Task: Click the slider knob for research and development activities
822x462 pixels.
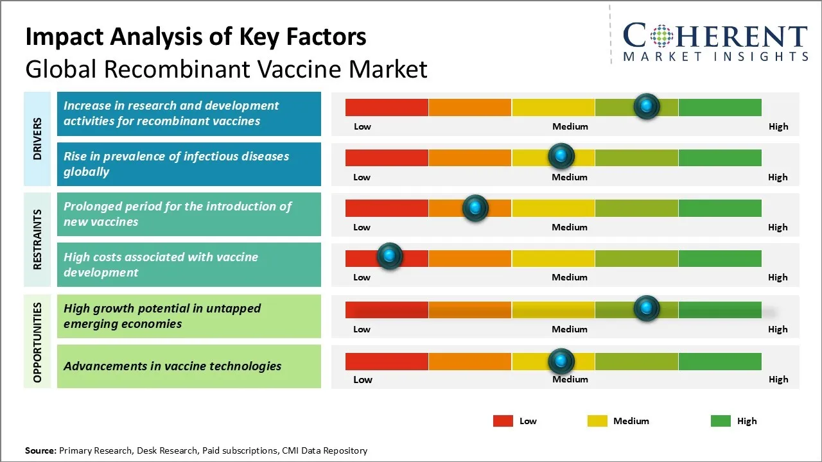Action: coord(647,106)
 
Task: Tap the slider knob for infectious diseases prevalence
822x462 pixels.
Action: coord(561,156)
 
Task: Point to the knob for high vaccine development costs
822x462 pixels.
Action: coord(389,257)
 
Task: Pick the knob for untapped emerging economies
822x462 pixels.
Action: coord(647,309)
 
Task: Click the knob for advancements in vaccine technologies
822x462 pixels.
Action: coord(561,361)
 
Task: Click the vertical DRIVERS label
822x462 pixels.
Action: coord(37,139)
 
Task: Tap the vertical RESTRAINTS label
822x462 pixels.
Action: coord(37,239)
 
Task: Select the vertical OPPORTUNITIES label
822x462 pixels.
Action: coord(37,342)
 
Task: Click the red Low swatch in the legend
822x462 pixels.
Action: coord(503,421)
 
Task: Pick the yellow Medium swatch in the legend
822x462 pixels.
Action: coord(597,421)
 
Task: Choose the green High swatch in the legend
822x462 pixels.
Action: coord(721,421)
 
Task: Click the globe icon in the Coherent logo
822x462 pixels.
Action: coord(661,36)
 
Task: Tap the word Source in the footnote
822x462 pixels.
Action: coord(40,450)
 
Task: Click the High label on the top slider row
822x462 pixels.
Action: coord(778,126)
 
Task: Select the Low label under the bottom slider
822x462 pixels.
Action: coord(363,379)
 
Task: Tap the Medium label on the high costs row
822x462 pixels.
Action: coord(570,277)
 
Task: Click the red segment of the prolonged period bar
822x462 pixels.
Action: coord(387,208)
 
